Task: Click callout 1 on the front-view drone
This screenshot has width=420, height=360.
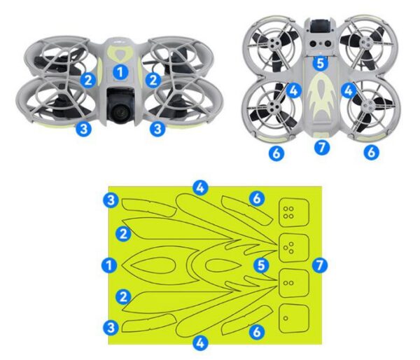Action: pos(120,72)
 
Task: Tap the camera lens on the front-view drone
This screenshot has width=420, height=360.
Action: pos(121,111)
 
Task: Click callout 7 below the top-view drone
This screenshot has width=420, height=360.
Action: pos(321,148)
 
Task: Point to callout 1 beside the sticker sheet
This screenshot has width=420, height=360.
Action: pos(108,265)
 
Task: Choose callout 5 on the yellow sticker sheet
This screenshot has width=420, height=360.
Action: pos(261,265)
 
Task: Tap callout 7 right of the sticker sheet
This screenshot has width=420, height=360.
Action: pos(320,265)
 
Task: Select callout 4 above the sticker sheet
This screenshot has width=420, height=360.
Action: pos(201,187)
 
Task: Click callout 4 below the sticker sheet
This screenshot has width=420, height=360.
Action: pos(201,343)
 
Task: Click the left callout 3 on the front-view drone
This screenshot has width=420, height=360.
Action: pos(83,129)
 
